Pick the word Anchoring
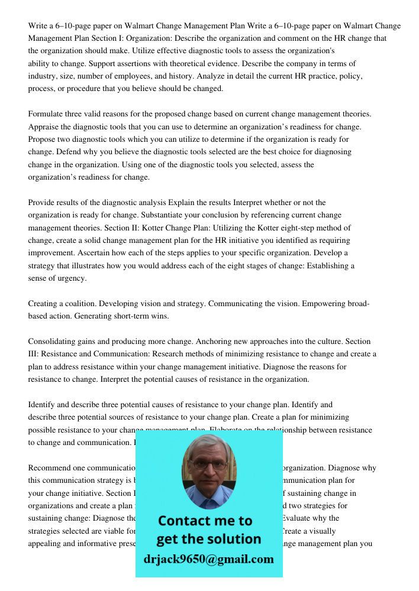point(229,342)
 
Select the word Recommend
point(51,468)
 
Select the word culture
point(325,342)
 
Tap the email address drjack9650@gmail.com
point(209,559)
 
